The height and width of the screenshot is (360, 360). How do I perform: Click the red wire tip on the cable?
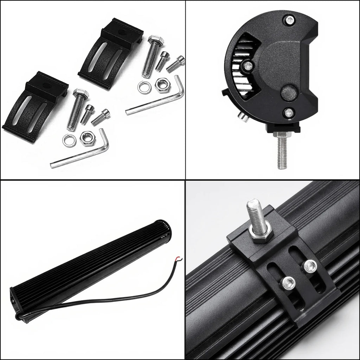click(x=180, y=258)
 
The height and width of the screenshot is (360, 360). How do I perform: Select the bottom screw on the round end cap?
click(x=289, y=112)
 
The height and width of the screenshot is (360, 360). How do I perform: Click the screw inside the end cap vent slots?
click(x=248, y=65)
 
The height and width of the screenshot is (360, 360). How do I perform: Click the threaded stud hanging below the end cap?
click(x=282, y=153)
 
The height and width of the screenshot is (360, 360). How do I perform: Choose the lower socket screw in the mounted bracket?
click(x=289, y=282)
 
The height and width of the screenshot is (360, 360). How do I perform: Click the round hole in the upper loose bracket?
click(x=122, y=33)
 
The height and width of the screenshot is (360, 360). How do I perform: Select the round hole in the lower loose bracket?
click(x=46, y=85)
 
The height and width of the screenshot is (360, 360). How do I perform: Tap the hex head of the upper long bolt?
click(x=156, y=40)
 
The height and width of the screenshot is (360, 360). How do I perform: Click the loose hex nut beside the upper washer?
click(x=162, y=85)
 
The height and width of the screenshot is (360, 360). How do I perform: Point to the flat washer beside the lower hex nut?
click(x=69, y=141)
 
